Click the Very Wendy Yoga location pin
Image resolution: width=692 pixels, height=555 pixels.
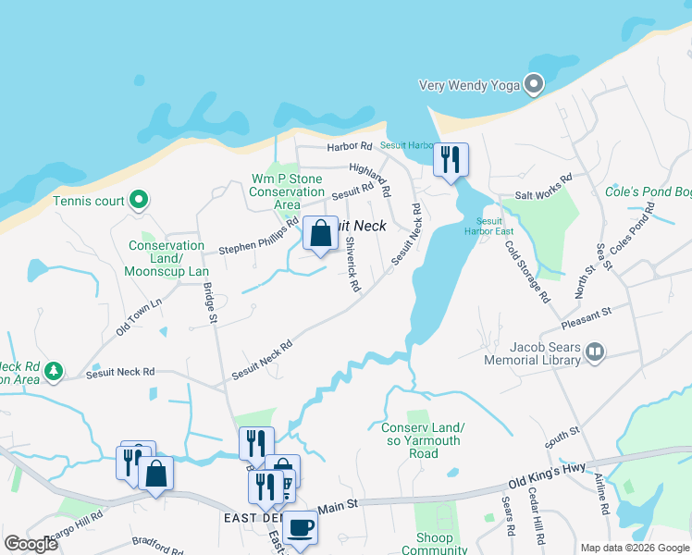pyautogui.click(x=534, y=85)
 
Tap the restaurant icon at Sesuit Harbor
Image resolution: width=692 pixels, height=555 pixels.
pyautogui.click(x=451, y=160)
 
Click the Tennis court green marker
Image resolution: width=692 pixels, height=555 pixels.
pyautogui.click(x=138, y=200)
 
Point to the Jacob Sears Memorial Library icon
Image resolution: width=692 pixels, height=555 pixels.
pyautogui.click(x=595, y=351)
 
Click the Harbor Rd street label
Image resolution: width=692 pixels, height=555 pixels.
pyautogui.click(x=349, y=147)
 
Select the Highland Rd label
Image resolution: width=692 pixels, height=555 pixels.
pyautogui.click(x=370, y=179)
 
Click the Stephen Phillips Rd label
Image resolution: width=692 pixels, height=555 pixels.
pyautogui.click(x=258, y=237)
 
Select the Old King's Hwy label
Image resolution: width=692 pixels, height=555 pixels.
pyautogui.click(x=548, y=476)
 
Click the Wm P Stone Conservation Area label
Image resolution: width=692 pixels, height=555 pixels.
pyautogui.click(x=287, y=191)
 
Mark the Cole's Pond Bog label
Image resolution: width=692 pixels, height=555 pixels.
pyautogui.click(x=648, y=191)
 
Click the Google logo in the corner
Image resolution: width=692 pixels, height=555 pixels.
pyautogui.click(x=31, y=544)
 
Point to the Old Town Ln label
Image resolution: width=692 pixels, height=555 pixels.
pyautogui.click(x=139, y=315)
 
